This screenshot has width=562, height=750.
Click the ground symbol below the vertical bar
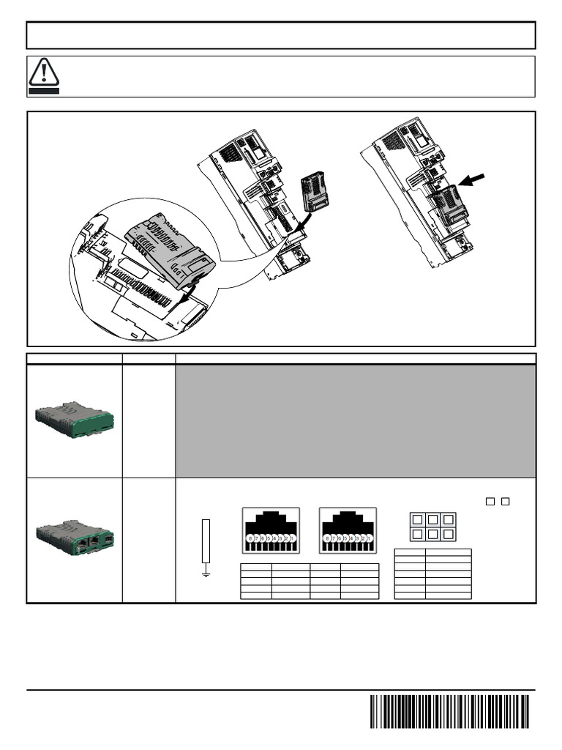coord(206,574)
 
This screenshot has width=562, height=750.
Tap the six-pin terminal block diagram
coord(432,527)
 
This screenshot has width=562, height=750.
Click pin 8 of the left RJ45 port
coord(250,539)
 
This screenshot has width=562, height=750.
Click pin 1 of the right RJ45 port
coord(370,539)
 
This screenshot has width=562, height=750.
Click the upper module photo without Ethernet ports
coord(74,420)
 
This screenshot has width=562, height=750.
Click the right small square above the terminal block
coord(506,502)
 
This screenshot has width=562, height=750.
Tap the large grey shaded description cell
coord(356,421)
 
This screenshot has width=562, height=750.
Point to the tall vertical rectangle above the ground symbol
coord(206,541)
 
